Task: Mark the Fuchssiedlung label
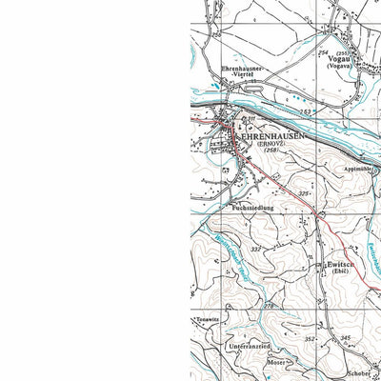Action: (x=252, y=206)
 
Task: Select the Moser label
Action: (x=275, y=363)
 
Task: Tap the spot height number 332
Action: (x=255, y=250)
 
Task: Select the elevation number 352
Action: (x=310, y=338)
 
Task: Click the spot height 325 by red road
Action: (x=304, y=193)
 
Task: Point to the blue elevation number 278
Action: (x=269, y=306)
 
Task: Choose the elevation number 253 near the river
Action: (x=305, y=112)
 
